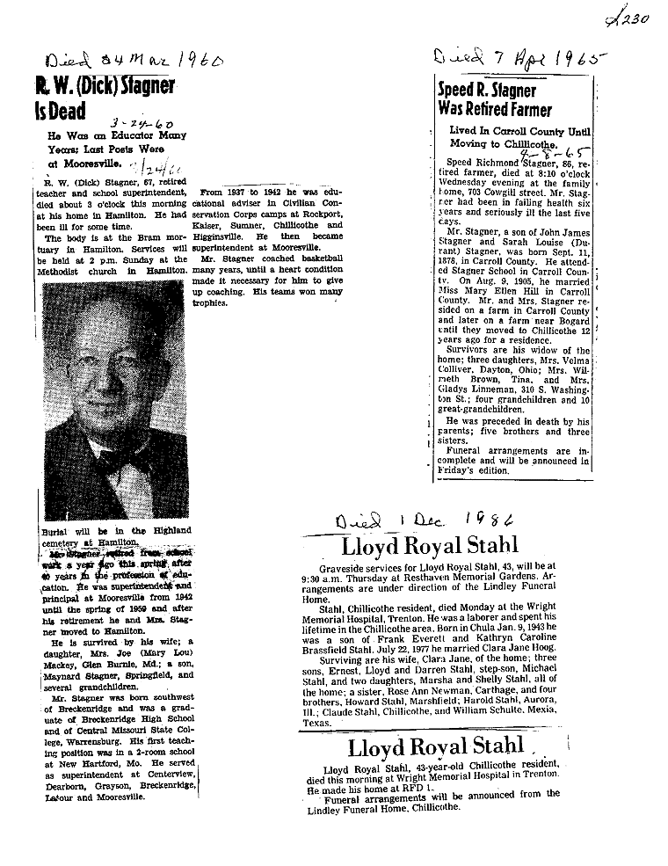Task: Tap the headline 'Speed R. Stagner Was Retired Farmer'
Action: pyautogui.click(x=495, y=100)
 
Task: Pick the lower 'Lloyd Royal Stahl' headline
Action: pyautogui.click(x=436, y=747)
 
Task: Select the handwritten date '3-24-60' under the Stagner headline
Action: pyautogui.click(x=131, y=126)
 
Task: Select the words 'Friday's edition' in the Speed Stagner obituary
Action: pyautogui.click(x=474, y=470)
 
